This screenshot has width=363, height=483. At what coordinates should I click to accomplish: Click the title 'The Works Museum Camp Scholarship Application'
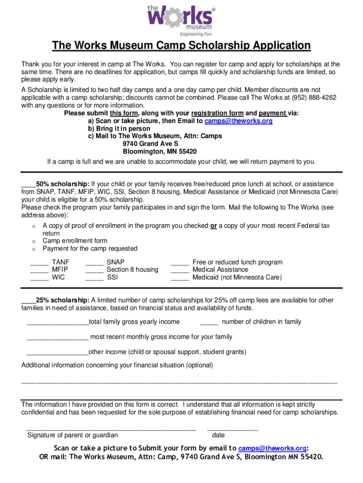pyautogui.click(x=181, y=46)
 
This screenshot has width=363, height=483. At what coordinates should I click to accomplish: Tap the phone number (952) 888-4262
pyautogui.click(x=313, y=98)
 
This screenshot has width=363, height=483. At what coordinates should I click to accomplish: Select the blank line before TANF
pyautogui.click(x=39, y=263)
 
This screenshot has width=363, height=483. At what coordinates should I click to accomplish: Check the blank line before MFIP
pyautogui.click(x=39, y=270)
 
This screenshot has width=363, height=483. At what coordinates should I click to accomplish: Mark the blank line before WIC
pyautogui.click(x=39, y=278)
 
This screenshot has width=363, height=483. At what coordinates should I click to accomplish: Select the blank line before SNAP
pyautogui.click(x=94, y=263)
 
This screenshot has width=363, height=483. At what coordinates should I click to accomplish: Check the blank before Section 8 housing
pyautogui.click(x=94, y=270)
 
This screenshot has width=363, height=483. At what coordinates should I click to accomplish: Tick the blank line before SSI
pyautogui.click(x=94, y=278)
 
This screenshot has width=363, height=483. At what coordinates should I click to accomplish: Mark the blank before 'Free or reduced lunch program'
pyautogui.click(x=180, y=263)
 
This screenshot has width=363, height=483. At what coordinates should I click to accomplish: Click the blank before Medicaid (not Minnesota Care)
pyautogui.click(x=180, y=278)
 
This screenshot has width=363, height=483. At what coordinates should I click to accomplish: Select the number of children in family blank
pyautogui.click(x=209, y=323)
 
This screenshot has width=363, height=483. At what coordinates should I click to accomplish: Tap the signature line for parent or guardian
pyautogui.click(x=111, y=429)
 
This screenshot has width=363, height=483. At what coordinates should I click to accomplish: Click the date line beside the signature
pyautogui.click(x=232, y=429)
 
